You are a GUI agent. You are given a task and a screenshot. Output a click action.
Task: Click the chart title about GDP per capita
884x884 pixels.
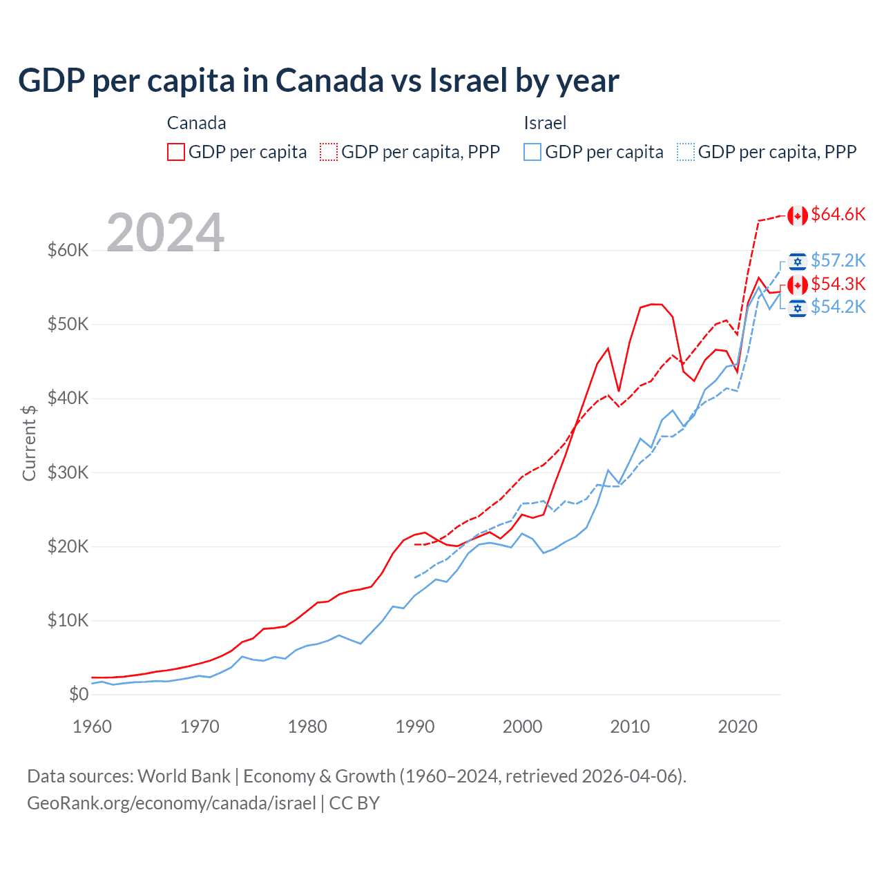pos(318,81)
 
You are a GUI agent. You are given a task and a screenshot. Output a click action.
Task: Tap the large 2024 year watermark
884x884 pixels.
pos(165,233)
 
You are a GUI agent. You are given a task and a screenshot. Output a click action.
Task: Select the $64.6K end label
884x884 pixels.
pos(838,215)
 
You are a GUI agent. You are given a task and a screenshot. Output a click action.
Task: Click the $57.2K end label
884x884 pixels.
pos(838,261)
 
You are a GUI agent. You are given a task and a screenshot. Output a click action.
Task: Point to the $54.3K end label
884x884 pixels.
pos(838,284)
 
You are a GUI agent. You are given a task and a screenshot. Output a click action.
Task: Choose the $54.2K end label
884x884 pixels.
pos(838,307)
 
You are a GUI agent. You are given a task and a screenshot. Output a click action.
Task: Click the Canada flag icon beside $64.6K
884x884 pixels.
pos(798,215)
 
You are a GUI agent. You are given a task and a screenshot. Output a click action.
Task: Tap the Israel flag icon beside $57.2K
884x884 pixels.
pos(798,262)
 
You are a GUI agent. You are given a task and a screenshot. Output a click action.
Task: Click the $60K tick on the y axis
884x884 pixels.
pos(68,250)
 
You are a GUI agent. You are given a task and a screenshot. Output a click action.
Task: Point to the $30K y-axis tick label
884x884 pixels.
pos(68,472)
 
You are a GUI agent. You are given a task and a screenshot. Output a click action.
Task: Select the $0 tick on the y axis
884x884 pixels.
pos(79,694)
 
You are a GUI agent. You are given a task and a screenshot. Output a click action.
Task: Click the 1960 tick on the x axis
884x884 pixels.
pos(93,727)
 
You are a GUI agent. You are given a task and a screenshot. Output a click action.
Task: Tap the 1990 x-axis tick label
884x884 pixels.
pos(415,727)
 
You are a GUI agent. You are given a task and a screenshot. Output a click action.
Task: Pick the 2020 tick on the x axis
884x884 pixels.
pos(738,727)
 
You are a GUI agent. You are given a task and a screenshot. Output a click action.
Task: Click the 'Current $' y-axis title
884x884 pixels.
pos(29,443)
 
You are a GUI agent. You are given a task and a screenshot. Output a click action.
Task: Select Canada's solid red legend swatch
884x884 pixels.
pos(176,152)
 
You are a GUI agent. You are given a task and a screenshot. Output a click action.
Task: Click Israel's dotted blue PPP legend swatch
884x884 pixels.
pos(686,152)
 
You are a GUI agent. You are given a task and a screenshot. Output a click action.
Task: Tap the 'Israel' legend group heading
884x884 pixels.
pos(545,123)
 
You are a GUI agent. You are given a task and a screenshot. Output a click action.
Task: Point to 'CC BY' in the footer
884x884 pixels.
pos(354,803)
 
